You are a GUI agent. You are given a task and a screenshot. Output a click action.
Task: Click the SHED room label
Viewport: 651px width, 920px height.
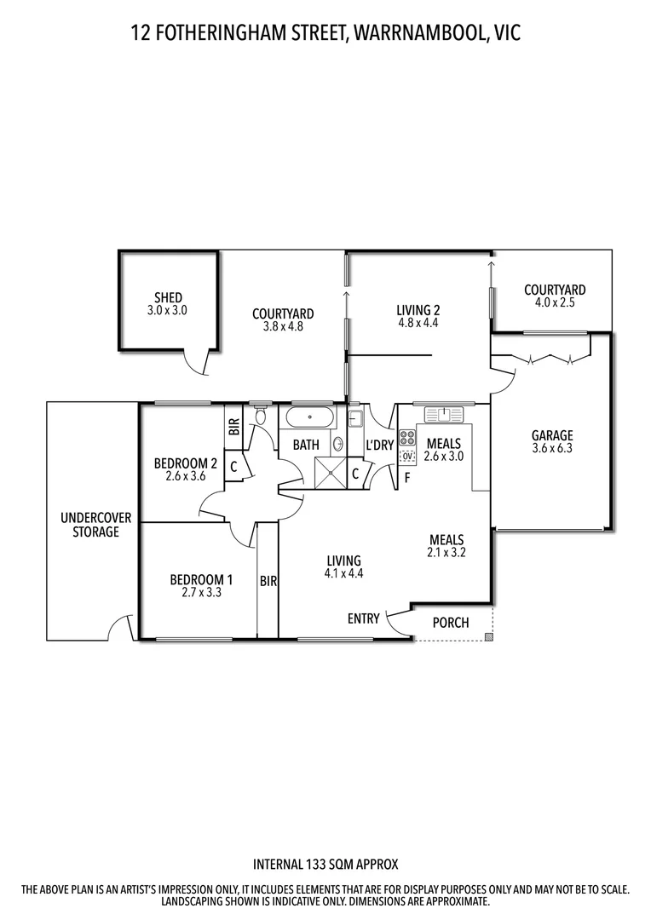(167, 298)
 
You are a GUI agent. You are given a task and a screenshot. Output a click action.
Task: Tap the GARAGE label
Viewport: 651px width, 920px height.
(552, 435)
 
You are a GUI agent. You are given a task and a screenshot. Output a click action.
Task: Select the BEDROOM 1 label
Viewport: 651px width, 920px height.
(202, 580)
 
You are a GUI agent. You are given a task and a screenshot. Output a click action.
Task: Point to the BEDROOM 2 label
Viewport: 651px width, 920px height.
(185, 463)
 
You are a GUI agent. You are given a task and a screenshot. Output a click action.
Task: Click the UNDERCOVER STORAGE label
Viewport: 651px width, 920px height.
(89, 525)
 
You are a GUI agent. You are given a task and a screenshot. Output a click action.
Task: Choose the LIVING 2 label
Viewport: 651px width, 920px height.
(418, 310)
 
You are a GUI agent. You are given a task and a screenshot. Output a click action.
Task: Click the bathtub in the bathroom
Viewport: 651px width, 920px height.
(309, 418)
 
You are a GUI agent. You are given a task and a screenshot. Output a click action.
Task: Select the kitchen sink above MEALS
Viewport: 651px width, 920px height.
(443, 415)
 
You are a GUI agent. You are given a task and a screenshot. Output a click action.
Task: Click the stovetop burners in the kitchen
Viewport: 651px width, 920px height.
(407, 439)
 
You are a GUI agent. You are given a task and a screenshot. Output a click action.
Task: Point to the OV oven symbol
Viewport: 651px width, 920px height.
(407, 457)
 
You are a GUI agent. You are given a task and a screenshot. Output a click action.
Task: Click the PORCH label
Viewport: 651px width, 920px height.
(451, 623)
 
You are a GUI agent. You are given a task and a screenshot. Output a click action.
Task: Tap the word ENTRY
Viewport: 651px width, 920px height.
(363, 619)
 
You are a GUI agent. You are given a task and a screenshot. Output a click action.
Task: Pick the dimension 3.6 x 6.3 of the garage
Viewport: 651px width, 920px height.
(552, 448)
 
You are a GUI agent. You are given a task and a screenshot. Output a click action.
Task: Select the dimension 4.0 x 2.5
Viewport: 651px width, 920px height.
(555, 303)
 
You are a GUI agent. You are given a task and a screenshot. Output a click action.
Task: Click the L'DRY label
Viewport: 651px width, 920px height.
(379, 445)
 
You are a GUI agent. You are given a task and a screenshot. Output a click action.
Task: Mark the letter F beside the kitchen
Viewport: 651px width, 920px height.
(407, 477)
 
